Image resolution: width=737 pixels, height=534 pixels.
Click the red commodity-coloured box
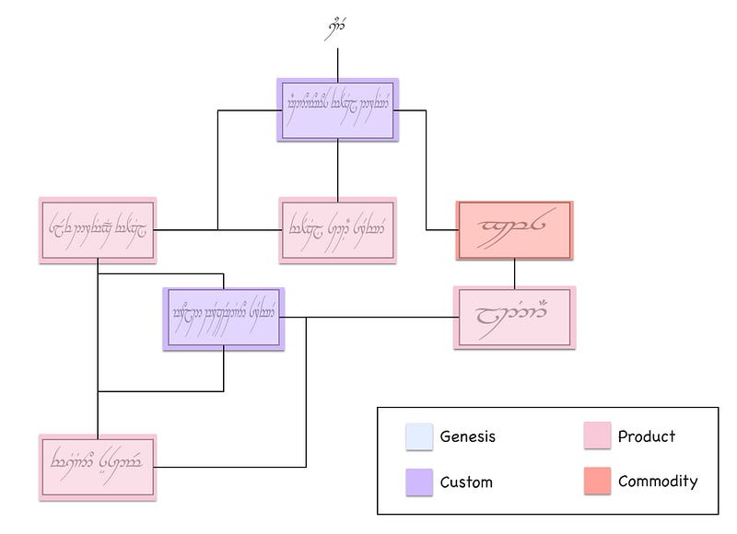pos(515,230)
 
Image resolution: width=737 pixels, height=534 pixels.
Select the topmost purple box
pos(338,110)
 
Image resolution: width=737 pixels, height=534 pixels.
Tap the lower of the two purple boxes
pos(224,319)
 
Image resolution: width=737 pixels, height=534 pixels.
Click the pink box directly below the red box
pos(515,318)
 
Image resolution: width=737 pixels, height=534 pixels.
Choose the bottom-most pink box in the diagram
pos(98,465)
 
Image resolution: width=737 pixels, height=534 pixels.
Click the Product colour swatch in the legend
pos(596,436)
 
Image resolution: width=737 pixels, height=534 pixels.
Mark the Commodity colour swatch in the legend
pos(596,482)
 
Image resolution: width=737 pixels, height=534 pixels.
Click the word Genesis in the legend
pos(468,436)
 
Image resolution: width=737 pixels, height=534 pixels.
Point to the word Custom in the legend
pos(466,482)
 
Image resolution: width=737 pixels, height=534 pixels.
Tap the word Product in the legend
pos(647,436)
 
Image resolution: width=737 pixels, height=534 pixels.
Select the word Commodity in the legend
pos(658,482)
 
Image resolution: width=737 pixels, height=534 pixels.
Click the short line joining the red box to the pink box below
pos(515,273)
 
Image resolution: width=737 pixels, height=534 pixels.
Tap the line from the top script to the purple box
pos(338,63)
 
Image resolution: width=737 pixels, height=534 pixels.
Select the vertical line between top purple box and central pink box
pos(338,168)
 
